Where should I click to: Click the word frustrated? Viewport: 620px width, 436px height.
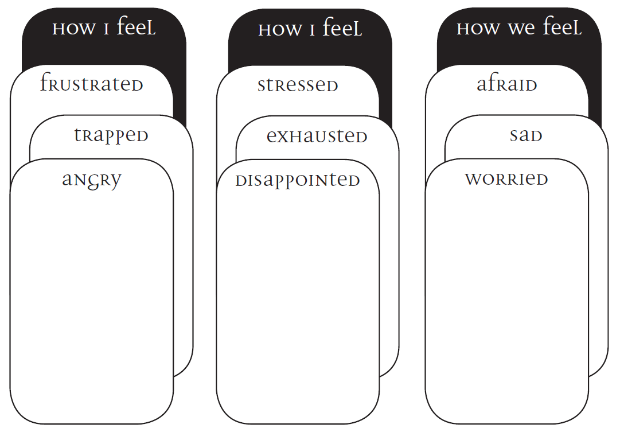pyautogui.click(x=92, y=84)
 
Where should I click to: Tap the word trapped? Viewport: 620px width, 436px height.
pyautogui.click(x=111, y=135)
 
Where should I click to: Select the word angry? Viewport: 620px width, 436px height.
pyautogui.click(x=92, y=180)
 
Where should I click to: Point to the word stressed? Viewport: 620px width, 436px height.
pyautogui.click(x=298, y=85)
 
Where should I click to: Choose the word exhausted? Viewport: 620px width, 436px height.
pyautogui.click(x=317, y=137)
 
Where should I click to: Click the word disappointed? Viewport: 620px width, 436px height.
pyautogui.click(x=298, y=181)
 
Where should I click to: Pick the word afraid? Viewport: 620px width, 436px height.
pyautogui.click(x=507, y=84)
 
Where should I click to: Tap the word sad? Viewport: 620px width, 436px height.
pyautogui.click(x=526, y=136)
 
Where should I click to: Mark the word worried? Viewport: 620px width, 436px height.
pyautogui.click(x=506, y=179)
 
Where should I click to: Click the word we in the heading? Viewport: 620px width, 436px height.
pyautogui.click(x=520, y=29)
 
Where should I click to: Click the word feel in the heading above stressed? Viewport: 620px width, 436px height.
pyautogui.click(x=342, y=28)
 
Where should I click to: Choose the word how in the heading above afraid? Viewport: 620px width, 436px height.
pyautogui.click(x=477, y=29)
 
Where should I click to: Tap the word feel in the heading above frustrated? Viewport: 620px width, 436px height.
pyautogui.click(x=136, y=28)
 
